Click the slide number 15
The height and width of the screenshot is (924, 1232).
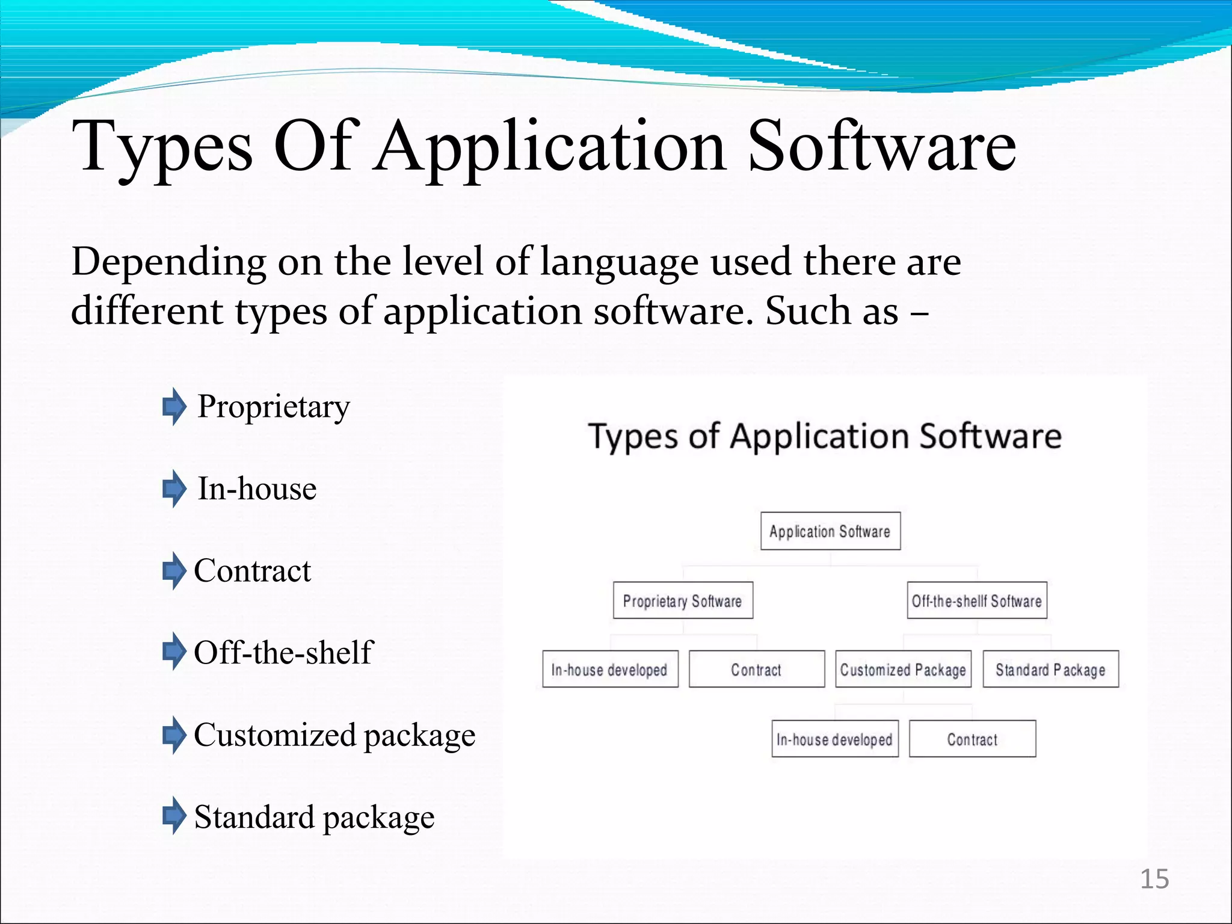(x=1154, y=879)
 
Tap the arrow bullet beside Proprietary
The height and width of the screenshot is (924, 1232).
(x=174, y=407)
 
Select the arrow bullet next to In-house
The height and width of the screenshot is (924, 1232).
(x=174, y=488)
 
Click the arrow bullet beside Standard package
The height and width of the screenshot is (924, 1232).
(x=174, y=816)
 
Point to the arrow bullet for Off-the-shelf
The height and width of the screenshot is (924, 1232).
(x=174, y=651)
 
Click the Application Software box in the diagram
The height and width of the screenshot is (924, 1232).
(x=830, y=531)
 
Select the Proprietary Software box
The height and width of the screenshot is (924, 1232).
(x=683, y=600)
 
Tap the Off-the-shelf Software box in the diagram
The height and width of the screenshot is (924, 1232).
(x=977, y=600)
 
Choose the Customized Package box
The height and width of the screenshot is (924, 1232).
(x=903, y=669)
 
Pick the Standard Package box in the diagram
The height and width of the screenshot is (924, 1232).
(x=1050, y=669)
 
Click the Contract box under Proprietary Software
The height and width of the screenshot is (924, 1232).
(x=756, y=669)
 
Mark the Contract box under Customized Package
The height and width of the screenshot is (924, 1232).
(x=972, y=739)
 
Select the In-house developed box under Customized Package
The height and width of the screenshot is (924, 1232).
(x=835, y=739)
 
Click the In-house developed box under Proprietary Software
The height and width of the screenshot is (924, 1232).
(x=610, y=669)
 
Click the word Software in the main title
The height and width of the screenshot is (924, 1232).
(x=881, y=146)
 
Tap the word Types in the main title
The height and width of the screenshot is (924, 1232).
(x=162, y=147)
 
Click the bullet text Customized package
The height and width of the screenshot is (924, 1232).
(x=334, y=735)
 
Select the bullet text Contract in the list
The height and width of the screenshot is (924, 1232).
(x=253, y=570)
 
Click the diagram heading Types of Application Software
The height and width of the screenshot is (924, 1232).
(x=825, y=436)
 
